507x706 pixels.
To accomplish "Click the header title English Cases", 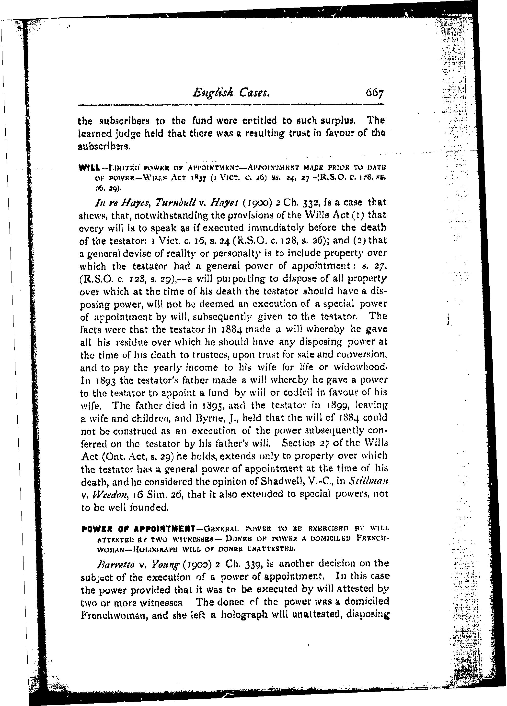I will (x=231, y=92).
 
